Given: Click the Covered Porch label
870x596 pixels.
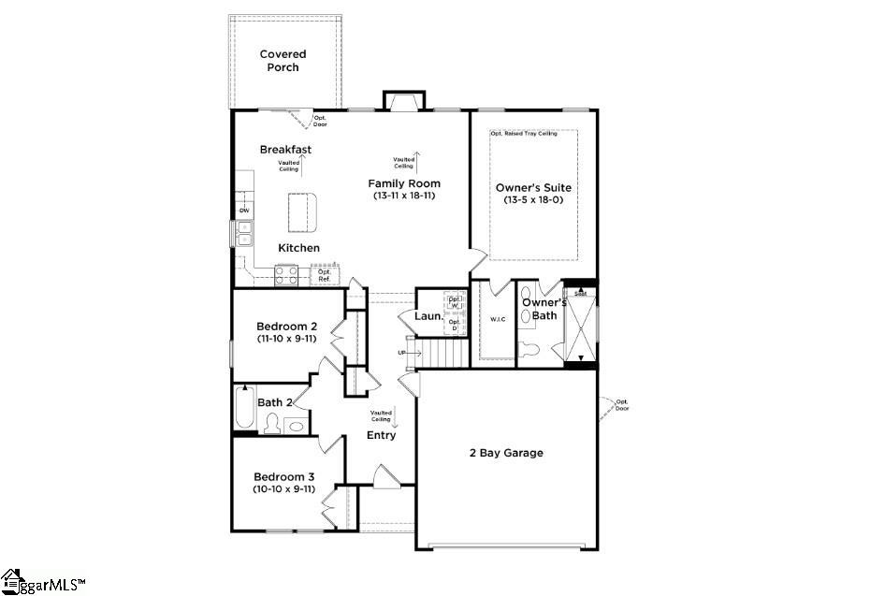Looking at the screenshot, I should [x=283, y=61].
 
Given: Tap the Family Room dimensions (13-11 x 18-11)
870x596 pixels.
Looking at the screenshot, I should [x=404, y=196].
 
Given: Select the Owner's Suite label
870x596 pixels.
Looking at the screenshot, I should [x=533, y=188].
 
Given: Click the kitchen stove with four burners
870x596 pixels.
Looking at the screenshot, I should [x=286, y=275].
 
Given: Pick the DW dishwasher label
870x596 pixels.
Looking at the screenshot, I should [x=244, y=211].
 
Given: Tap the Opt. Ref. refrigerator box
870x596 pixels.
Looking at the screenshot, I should [x=325, y=276].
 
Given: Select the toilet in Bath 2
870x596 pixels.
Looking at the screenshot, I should [x=272, y=424].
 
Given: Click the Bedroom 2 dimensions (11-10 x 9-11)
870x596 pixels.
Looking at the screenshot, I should [x=287, y=339].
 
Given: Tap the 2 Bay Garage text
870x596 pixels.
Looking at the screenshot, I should [x=506, y=453].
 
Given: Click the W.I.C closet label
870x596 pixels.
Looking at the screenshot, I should [x=498, y=320].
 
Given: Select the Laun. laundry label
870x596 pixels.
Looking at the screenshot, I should [x=428, y=316].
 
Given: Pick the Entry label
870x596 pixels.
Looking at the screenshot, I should [x=381, y=435].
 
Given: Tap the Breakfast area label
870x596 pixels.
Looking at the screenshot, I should [x=285, y=150].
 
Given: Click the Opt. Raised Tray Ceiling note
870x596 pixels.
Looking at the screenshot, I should [x=524, y=134].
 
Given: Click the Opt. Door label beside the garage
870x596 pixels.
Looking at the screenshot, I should [x=622, y=404].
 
